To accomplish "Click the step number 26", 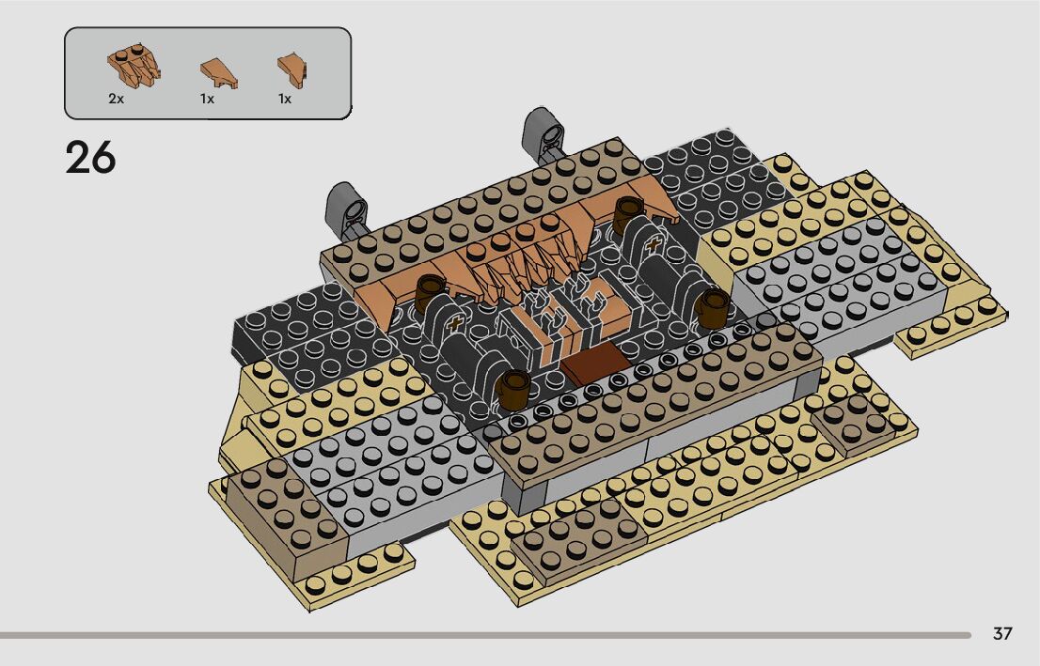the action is [90, 159].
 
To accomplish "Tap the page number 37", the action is [1002, 633].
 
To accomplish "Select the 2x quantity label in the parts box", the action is [116, 99].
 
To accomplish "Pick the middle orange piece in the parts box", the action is [219, 73].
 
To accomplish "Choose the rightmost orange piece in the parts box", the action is [292, 70].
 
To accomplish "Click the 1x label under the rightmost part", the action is [285, 99].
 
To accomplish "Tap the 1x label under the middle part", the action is [207, 99].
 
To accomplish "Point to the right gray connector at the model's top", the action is [544, 134].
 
